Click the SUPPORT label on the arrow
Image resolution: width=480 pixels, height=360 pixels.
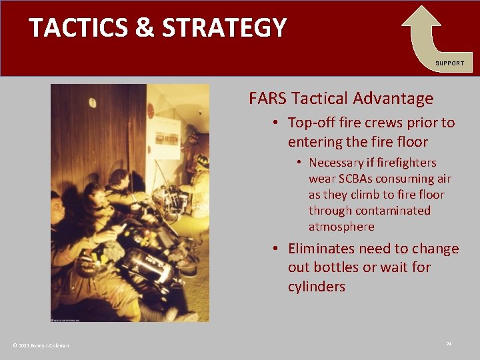[x=450, y=63]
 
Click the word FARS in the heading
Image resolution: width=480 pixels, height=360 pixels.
[x=267, y=99]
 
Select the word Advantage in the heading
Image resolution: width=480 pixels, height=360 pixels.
[x=393, y=99]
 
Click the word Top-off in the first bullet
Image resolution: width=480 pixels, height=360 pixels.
[x=312, y=123]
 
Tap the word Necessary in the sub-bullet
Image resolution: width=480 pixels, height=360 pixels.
[x=339, y=163]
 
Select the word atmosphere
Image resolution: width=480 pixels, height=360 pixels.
[x=341, y=227]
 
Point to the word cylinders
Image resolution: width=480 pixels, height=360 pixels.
[x=317, y=287]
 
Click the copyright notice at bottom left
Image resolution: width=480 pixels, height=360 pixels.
[x=41, y=345]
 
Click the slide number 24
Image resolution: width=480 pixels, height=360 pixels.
[x=449, y=343]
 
